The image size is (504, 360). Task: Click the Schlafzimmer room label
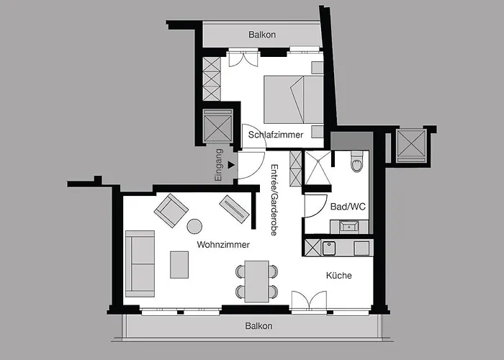pyautogui.click(x=276, y=135)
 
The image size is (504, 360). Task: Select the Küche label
pyautogui.click(x=338, y=275)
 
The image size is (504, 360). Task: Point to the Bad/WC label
pyautogui.click(x=348, y=207)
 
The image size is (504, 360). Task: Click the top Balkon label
pyautogui.click(x=262, y=35)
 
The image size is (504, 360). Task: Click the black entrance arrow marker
pyautogui.click(x=230, y=165)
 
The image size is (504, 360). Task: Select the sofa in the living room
pyautogui.click(x=140, y=264)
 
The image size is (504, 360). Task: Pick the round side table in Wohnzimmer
pyautogui.click(x=195, y=226)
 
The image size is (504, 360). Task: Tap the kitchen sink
pyautogui.click(x=328, y=248)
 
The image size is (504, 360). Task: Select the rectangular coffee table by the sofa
pyautogui.click(x=180, y=264)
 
